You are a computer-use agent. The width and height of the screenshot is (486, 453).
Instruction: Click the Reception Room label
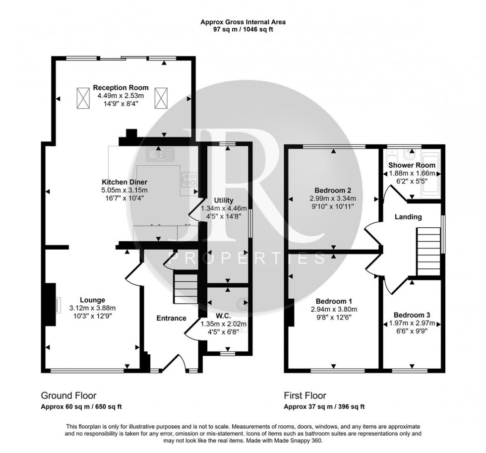coord(121,88)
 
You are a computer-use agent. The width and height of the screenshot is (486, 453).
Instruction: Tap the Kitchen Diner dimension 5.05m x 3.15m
coord(124,190)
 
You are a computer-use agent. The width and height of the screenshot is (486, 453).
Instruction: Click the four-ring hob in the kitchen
coord(189,180)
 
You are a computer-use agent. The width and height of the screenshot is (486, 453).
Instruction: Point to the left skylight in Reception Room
coord(82,98)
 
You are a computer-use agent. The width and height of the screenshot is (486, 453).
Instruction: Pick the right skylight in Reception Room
coord(161,98)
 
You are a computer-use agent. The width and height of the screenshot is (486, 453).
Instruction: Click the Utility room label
coord(224,200)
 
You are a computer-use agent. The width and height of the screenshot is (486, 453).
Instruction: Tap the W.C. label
coord(224,316)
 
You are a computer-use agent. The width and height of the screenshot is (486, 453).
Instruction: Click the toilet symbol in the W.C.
coord(243,304)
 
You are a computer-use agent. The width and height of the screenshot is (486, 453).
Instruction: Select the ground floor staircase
coord(185,289)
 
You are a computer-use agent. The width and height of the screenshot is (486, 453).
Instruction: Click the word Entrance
coord(171,318)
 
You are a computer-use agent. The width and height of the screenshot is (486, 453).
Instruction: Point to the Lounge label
coord(92,300)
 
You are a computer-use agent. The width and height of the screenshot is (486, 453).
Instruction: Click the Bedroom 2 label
coord(333,191)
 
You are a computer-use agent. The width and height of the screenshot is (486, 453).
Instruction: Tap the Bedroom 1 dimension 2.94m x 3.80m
coord(334,309)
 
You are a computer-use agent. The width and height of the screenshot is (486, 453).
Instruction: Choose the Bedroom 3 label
coord(412,316)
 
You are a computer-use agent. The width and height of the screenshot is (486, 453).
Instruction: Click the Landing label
coord(408,217)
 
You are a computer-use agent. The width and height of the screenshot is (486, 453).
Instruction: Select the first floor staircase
coord(428,252)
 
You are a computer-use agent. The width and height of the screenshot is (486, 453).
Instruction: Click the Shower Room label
coord(412,165)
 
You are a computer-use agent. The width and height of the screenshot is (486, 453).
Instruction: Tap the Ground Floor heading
coord(68,395)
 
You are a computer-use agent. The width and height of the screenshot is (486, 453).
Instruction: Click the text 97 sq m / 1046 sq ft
coord(243,30)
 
